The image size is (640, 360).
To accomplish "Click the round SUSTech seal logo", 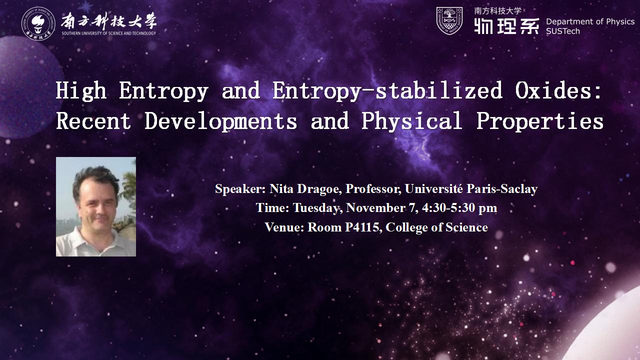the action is [38, 23].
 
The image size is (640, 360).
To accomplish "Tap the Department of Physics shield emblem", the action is [449, 21].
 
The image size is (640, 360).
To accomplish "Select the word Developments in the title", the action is [220, 121].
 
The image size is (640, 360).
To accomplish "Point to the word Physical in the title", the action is [411, 121].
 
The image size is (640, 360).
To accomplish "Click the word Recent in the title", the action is [93, 121].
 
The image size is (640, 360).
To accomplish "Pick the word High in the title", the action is [81, 91].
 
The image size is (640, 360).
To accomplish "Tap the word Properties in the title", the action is [539, 121].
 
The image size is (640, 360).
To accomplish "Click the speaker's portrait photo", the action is [96, 206].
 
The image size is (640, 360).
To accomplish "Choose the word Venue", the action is [284, 227].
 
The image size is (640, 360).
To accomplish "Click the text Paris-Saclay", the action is [502, 189].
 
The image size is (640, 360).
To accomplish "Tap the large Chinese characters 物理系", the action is [506, 26].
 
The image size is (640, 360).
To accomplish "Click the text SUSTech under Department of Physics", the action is [563, 31].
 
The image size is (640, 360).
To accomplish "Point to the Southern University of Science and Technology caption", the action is [109, 33].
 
